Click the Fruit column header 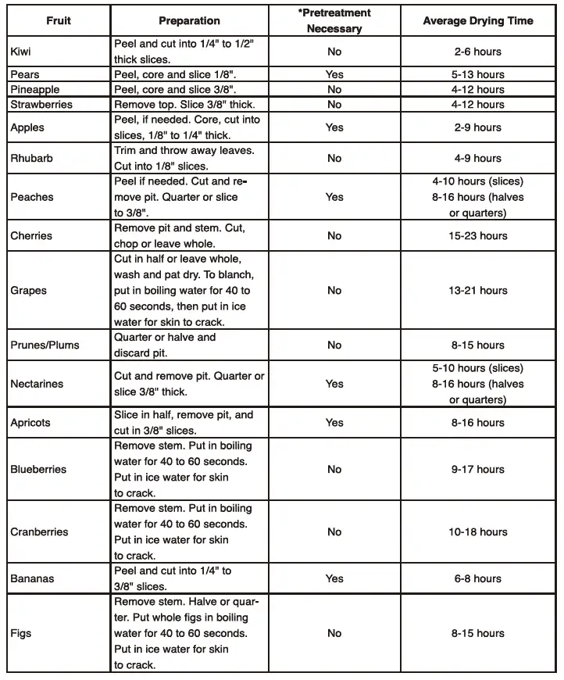point(58,20)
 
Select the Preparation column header point(189,20)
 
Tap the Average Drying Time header point(478,20)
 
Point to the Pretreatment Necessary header point(334,21)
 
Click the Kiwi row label point(22,52)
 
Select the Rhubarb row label point(31,158)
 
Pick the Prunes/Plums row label point(45,345)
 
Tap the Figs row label point(21,633)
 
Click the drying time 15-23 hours point(478,235)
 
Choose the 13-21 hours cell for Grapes point(478,290)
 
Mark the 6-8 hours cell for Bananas point(478,578)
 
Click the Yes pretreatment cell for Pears point(334,74)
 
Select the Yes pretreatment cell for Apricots point(334,422)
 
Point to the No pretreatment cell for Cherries point(334,235)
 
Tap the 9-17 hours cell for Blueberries point(478,469)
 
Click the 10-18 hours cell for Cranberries point(478,531)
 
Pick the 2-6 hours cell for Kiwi point(478,52)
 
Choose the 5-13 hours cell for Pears point(478,74)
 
